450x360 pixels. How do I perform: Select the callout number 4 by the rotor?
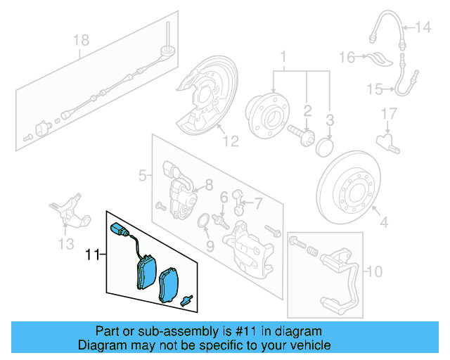[x=383, y=224]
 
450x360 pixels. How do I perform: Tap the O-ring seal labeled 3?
[x=325, y=147]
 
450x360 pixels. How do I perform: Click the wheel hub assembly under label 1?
[x=263, y=112]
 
